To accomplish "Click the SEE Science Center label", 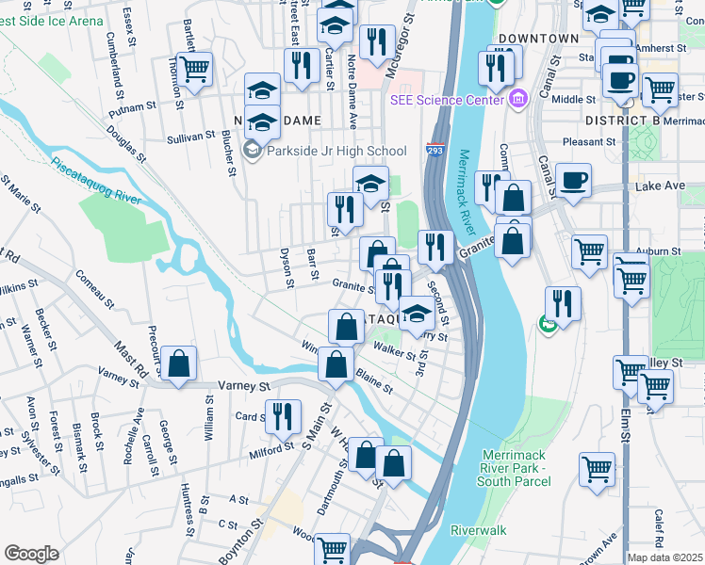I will click(446, 99).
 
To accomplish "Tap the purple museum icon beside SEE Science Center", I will click(517, 99).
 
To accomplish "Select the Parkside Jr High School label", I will click(336, 151).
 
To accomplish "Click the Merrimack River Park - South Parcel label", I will click(515, 469).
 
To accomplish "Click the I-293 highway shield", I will click(434, 151).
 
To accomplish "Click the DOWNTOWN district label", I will click(538, 39).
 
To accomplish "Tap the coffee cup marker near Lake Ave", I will click(573, 181).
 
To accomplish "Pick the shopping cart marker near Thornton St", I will click(194, 70).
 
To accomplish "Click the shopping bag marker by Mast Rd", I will click(177, 364).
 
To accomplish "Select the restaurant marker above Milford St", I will click(283, 415).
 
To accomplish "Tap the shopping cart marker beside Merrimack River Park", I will click(597, 469).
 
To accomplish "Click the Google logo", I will click(31, 554).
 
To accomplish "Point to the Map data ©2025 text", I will click(664, 557).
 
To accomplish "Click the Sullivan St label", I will click(191, 137).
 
